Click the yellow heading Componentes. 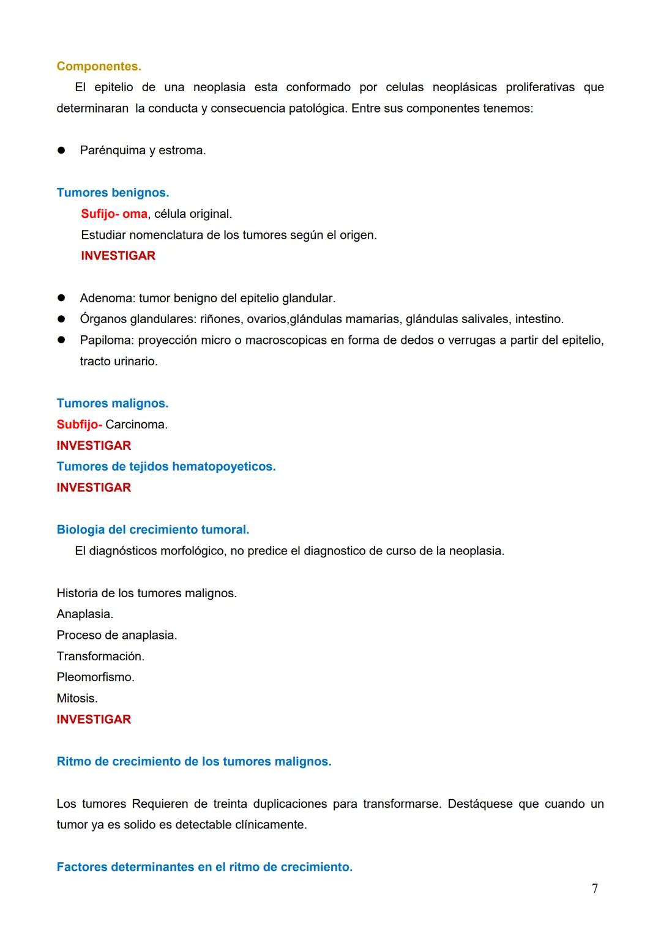pos(99,66)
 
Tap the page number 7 pos(595,888)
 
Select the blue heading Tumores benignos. pos(113,193)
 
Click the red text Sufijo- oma pos(114,214)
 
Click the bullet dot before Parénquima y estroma pos(61,151)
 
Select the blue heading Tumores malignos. pos(112,404)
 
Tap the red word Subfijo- pos(79,425)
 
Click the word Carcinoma pos(136,425)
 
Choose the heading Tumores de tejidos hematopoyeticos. pos(166,467)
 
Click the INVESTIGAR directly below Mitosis pos(94,720)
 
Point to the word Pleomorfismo pos(95,677)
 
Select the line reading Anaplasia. pos(84,614)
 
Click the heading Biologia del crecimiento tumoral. pos(152,530)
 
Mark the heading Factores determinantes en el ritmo pos(204,867)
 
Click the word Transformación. pos(100,657)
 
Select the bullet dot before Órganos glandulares pos(61,319)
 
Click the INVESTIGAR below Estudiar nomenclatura pos(118,256)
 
